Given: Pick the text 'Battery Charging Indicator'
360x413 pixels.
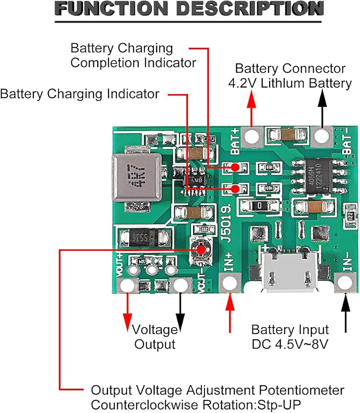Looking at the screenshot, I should coord(80,94).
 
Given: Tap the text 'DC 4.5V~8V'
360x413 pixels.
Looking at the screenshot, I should coord(290,344).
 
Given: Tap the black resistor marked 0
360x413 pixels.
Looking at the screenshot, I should coord(259,205).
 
